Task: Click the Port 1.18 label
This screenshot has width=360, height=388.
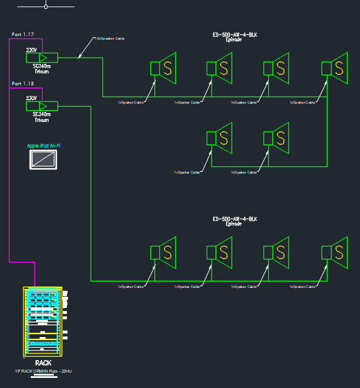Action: click(23, 84)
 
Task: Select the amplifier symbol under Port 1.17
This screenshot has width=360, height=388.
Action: click(41, 57)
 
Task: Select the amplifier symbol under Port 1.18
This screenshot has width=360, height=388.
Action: click(41, 105)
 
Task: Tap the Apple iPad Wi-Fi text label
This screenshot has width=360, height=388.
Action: click(44, 146)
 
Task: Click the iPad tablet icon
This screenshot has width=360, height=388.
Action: click(44, 159)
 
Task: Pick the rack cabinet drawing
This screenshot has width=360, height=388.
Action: click(43, 322)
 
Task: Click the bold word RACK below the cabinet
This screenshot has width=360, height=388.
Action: click(43, 363)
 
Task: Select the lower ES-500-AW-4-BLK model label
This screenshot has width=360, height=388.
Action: click(234, 220)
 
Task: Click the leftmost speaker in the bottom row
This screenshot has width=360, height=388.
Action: click(164, 252)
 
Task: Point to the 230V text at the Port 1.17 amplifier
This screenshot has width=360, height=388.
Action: click(31, 50)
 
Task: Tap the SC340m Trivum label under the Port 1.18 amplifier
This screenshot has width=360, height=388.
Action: click(41, 117)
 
